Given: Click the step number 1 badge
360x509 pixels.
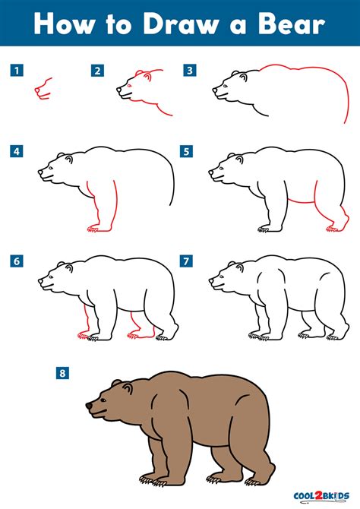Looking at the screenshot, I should tap(16, 71).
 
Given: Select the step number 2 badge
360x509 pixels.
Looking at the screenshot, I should tap(97, 71).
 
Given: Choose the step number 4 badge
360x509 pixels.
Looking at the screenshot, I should tap(16, 152).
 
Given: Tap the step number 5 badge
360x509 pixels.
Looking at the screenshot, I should tap(185, 152).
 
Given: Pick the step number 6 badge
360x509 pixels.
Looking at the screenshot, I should tap(16, 261).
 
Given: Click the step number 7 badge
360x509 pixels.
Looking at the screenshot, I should tap(185, 261).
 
